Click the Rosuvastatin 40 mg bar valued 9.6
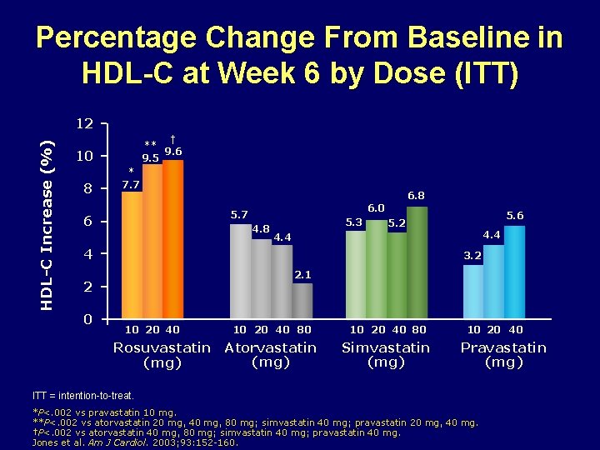coord(172,239)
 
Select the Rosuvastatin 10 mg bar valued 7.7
coord(132,255)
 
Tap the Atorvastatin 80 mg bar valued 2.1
coord(302,301)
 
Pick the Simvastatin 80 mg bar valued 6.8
coord(417,262)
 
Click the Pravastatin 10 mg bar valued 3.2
coord(473,292)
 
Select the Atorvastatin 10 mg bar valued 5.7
coord(240,272)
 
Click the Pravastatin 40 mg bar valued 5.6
coord(515,272)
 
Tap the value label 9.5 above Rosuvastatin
coord(151,157)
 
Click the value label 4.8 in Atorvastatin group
coord(261,228)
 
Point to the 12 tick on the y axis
coord(84,124)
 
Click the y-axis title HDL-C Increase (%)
coord(48,214)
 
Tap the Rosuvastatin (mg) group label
coord(162,355)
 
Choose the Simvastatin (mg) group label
coord(386,355)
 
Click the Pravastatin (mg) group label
coord(503,355)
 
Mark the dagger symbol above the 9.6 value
coord(172,139)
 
